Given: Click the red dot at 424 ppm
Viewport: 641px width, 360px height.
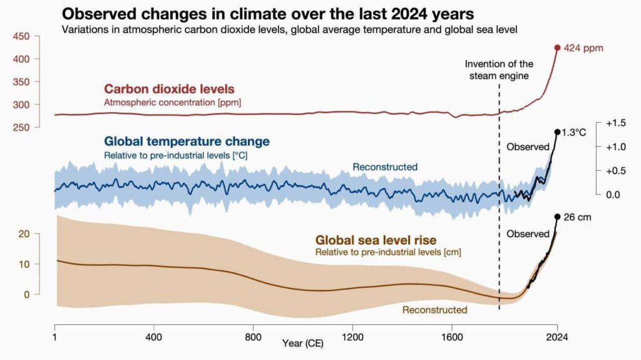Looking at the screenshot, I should pyautogui.click(x=557, y=48).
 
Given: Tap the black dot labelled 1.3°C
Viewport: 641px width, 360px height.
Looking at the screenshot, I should pyautogui.click(x=557, y=131).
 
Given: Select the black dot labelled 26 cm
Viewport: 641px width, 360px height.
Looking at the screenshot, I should pyautogui.click(x=557, y=217).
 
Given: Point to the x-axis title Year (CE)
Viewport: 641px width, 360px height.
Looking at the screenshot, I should pyautogui.click(x=303, y=342).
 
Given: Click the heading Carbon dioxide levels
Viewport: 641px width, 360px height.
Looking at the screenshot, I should pyautogui.click(x=169, y=89).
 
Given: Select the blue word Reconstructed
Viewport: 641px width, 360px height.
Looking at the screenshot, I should pyautogui.click(x=385, y=167).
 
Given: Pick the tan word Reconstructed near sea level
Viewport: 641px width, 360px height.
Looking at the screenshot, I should pyautogui.click(x=434, y=310).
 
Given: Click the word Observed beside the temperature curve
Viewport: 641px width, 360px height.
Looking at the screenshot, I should pyautogui.click(x=528, y=147).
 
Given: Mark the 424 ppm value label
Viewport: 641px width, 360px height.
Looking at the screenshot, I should pyautogui.click(x=583, y=48).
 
